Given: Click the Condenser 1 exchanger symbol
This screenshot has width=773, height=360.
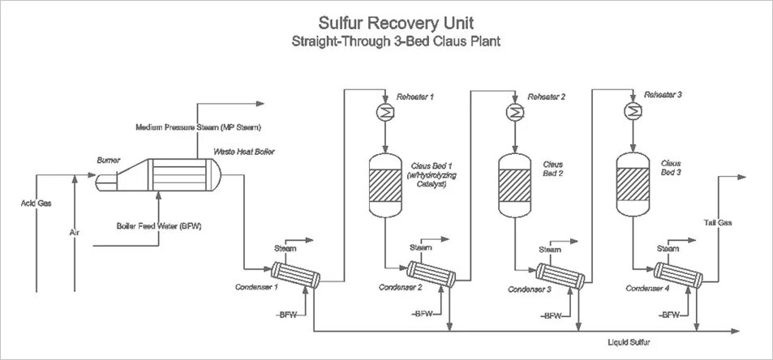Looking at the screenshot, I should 294,274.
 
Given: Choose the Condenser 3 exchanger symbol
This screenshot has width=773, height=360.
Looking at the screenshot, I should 560,275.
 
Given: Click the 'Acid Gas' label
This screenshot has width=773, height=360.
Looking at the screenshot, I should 36,204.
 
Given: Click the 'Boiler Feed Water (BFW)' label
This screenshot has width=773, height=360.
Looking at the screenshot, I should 159,225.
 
